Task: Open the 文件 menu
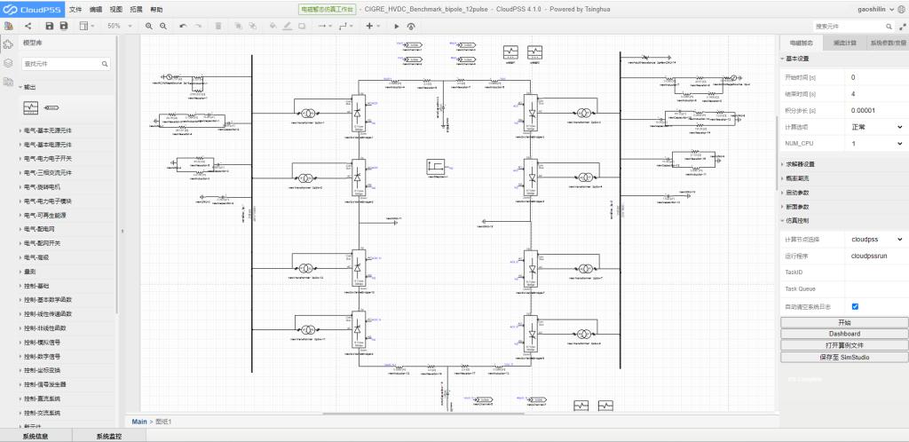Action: tap(75, 8)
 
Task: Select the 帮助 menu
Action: tap(157, 8)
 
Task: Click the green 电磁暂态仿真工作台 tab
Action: tap(326, 8)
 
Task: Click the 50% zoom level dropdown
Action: tap(119, 26)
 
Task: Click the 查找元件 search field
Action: tap(67, 64)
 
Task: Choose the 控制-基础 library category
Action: tap(36, 286)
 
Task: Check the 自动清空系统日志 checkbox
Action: tap(855, 306)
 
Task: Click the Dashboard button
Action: tap(844, 334)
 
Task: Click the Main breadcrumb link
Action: tap(139, 421)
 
